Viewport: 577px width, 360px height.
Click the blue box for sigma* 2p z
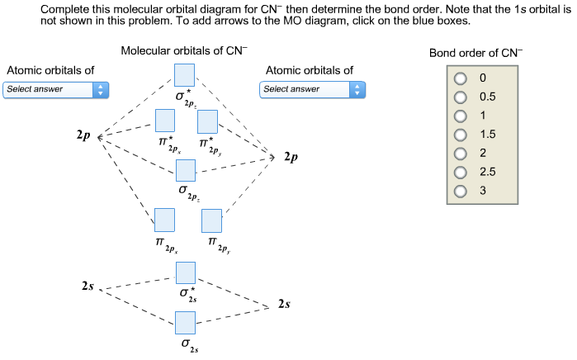[x=185, y=74]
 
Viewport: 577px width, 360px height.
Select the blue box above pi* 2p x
[x=167, y=121]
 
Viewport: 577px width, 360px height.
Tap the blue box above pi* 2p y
[x=207, y=121]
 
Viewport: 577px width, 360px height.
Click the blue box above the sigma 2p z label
[x=185, y=169]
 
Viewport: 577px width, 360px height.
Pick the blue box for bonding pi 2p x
[x=163, y=220]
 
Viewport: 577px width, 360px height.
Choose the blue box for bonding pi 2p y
[x=212, y=220]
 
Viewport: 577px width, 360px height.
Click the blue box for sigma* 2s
[x=185, y=272]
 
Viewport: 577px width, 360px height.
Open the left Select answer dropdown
[x=55, y=88]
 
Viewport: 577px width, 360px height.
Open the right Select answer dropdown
[x=312, y=88]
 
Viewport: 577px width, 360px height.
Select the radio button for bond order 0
[x=460, y=78]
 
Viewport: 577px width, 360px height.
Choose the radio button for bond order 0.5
[x=460, y=97]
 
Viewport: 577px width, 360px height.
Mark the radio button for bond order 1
[x=460, y=116]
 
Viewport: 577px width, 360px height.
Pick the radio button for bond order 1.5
[x=460, y=135]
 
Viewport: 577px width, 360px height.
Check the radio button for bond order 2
[x=460, y=154]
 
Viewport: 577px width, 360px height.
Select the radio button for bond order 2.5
[x=460, y=173]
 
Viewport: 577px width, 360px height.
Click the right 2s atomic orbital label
[x=284, y=305]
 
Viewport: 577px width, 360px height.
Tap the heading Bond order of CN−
[x=475, y=53]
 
